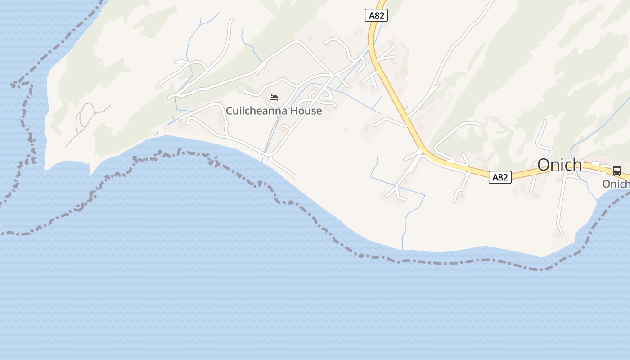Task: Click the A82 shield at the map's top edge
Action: coord(376,16)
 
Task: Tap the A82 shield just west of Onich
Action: coord(500,177)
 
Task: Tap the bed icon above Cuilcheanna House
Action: coord(274,98)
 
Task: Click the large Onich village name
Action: coord(559,165)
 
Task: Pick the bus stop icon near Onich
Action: coord(616,171)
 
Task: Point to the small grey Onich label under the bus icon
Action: coord(616,184)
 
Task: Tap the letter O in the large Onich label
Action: coord(544,165)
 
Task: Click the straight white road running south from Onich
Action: coord(561,202)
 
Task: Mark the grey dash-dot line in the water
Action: coord(450,261)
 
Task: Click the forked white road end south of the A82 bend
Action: coord(396,193)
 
